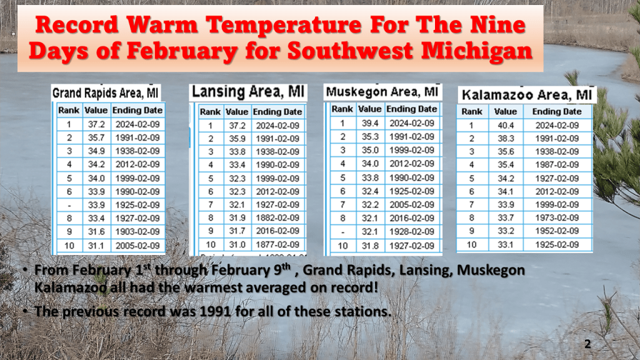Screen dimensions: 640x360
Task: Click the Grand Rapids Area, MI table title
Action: tap(105, 93)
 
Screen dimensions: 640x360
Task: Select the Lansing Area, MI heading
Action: tap(248, 92)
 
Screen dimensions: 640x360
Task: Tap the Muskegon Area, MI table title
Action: tap(382, 92)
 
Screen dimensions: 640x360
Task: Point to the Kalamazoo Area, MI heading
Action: tap(526, 95)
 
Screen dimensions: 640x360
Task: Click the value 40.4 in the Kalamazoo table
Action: tap(506, 125)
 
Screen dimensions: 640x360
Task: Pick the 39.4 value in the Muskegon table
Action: tap(370, 123)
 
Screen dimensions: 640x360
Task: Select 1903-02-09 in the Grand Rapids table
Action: tap(137, 231)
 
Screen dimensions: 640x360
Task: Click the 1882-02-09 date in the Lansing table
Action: tap(277, 217)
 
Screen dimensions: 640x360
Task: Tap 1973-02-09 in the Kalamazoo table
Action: tap(557, 217)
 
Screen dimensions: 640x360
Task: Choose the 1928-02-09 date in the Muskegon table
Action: tap(412, 231)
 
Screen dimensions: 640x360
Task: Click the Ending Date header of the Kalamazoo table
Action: tap(557, 111)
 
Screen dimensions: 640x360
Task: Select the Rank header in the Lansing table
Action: tap(211, 112)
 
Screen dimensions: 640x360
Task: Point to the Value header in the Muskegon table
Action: tap(370, 109)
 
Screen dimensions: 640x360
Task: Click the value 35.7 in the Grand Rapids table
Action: tap(96, 137)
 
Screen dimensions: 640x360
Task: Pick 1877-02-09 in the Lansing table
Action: tap(277, 244)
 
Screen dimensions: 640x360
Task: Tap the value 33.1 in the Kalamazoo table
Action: tap(506, 244)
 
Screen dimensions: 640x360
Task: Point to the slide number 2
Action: tap(587, 344)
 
